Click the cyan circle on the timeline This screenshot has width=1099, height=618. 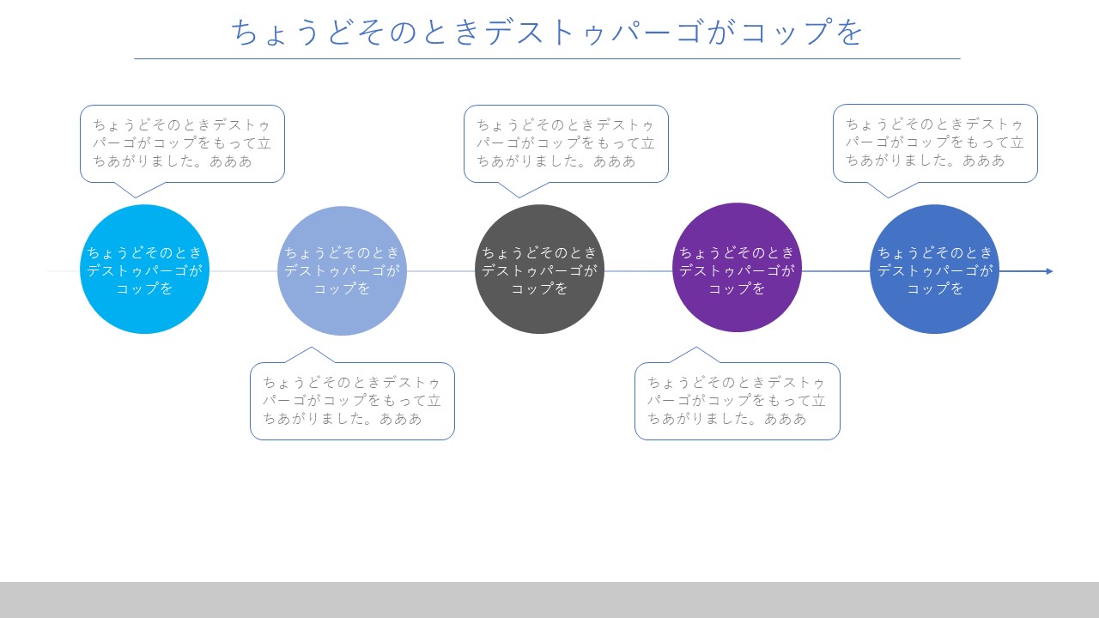point(145,270)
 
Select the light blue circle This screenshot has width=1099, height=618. point(342,270)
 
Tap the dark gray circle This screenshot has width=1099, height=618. point(540,270)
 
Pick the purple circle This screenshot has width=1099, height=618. point(737,267)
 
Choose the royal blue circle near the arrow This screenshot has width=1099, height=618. point(935,270)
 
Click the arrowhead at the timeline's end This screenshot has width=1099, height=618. point(1049,271)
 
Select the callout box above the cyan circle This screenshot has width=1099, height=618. point(183,143)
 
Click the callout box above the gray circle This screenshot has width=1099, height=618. point(566,143)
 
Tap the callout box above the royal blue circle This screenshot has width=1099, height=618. point(936,143)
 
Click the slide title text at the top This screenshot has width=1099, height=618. point(547,32)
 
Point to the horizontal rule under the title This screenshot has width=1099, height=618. point(547,59)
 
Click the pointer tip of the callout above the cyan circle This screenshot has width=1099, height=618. point(136,197)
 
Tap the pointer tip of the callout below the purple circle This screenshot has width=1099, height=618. point(695,348)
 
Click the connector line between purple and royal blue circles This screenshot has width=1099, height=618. point(835,271)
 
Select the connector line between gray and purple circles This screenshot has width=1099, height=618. point(638,271)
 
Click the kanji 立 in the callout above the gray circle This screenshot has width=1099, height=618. point(647,143)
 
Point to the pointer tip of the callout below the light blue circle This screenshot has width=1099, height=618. point(311,348)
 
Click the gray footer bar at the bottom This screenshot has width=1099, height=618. point(549,600)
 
